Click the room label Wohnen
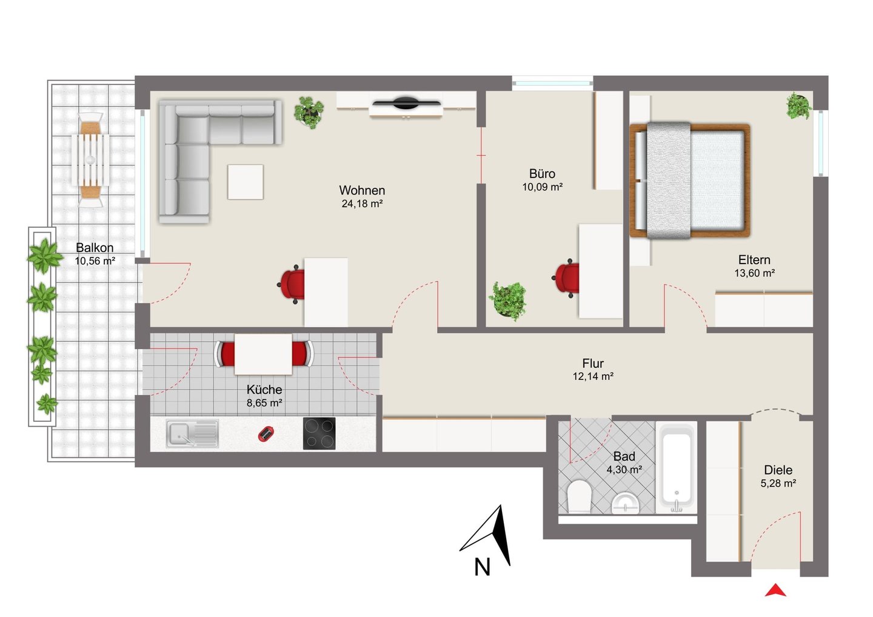click(362, 190)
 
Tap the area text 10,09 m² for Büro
click(543, 187)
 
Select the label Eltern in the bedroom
click(754, 260)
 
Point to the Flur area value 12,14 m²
click(593, 376)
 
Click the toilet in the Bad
click(580, 496)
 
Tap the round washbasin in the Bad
click(626, 503)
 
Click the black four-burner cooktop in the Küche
click(319, 433)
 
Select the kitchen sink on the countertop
click(192, 433)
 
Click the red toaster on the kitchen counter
click(266, 434)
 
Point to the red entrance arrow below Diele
click(775, 590)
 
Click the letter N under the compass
click(482, 567)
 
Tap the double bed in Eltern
click(690, 181)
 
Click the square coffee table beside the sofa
click(246, 182)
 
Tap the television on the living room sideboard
click(406, 103)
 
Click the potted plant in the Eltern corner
click(798, 105)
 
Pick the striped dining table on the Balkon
click(90, 159)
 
